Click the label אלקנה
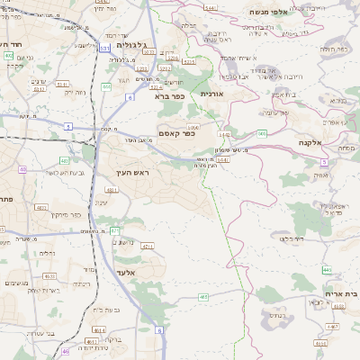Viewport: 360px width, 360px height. click(x=310, y=142)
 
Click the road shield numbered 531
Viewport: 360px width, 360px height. click(x=105, y=47)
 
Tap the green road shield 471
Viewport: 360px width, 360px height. click(x=114, y=231)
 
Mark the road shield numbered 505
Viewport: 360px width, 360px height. click(x=262, y=133)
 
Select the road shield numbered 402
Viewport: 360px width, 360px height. click(x=8, y=56)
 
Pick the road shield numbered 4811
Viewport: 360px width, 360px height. click(x=112, y=191)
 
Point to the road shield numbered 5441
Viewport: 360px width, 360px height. click(x=211, y=8)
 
